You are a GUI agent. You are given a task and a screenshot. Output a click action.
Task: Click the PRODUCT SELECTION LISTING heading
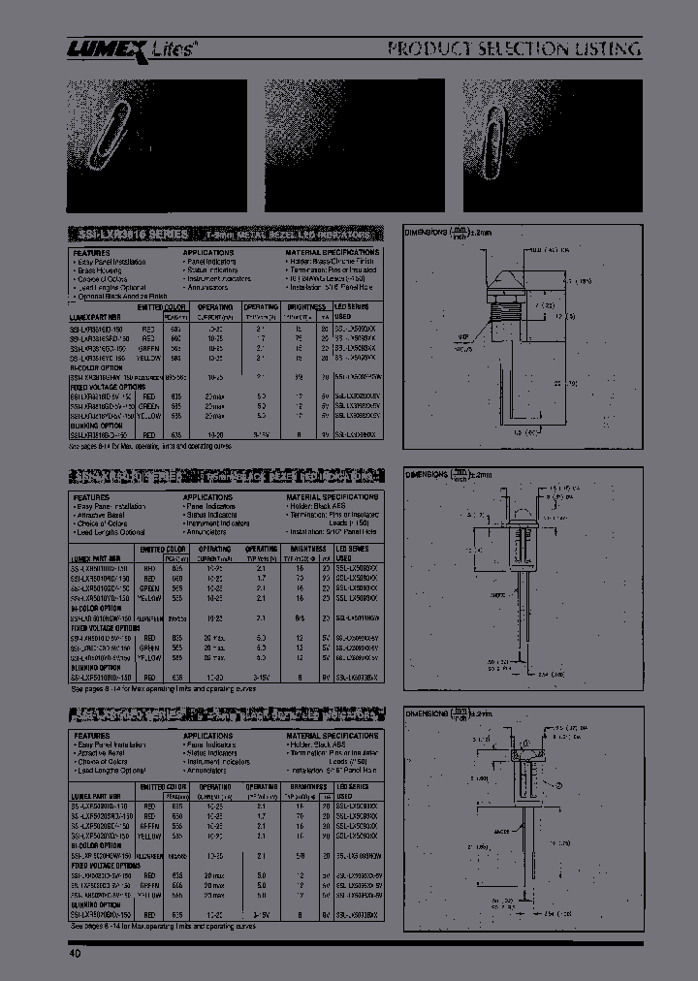tap(513, 49)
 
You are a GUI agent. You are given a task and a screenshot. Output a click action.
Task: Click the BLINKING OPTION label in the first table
tap(97, 424)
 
